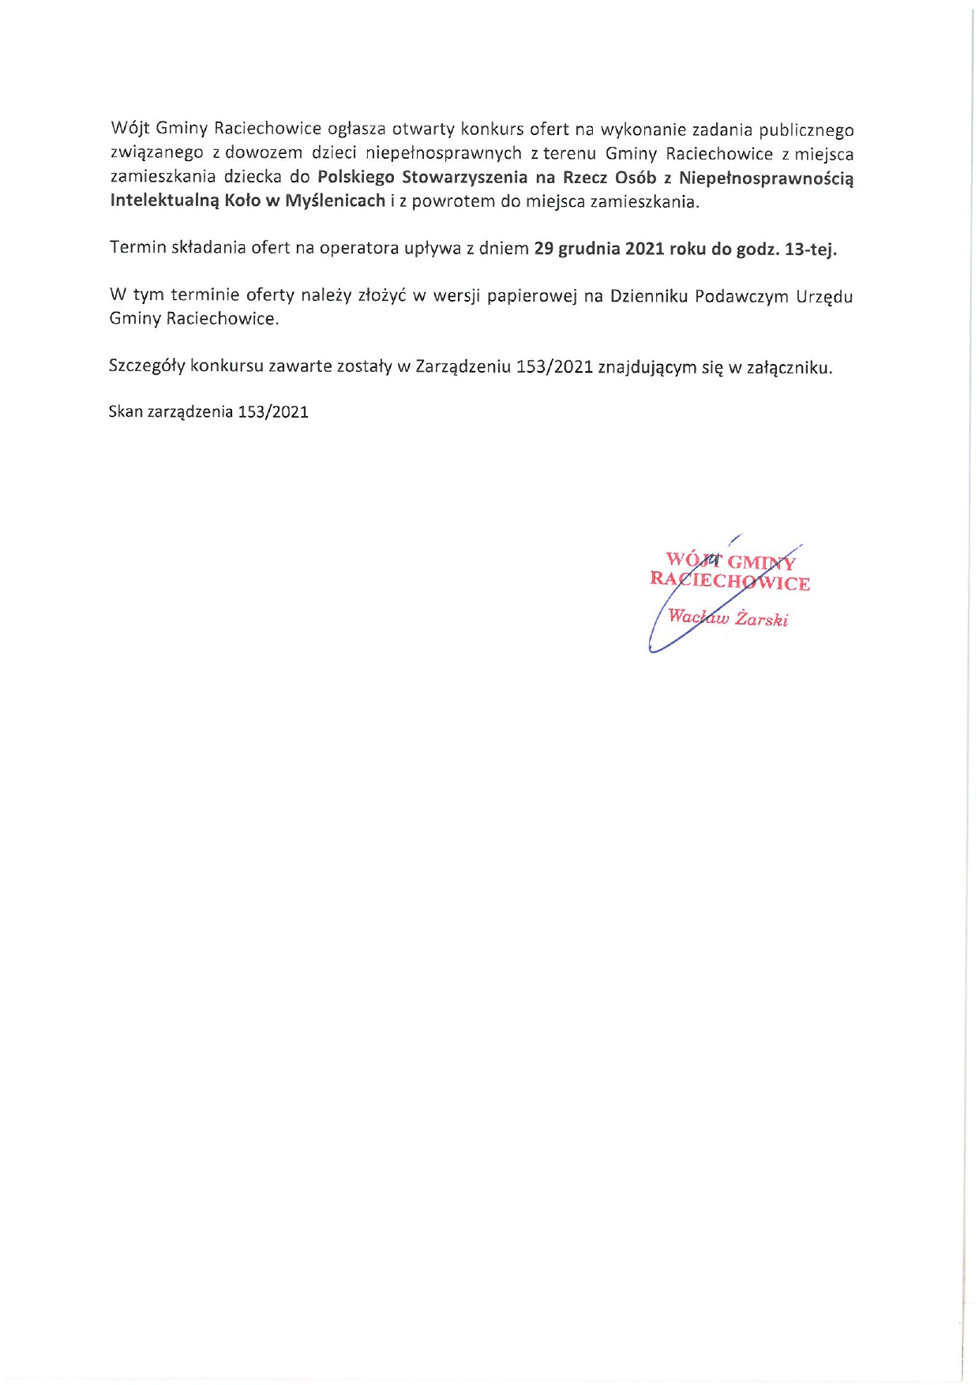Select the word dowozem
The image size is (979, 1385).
pos(264,153)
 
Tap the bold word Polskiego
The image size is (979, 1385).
pos(355,177)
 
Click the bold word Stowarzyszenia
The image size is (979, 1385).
pos(464,177)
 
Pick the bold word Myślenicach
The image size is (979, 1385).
pos(335,201)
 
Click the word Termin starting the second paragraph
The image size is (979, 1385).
pos(138,248)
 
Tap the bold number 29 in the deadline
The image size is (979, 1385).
pos(543,249)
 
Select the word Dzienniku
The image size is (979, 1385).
pos(647,296)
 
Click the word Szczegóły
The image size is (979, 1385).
pos(146,367)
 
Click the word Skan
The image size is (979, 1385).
pos(126,411)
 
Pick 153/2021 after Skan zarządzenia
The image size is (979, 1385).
pos(273,411)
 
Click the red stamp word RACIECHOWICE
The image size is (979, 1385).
pos(730,582)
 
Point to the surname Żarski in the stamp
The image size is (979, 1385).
pos(762,619)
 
